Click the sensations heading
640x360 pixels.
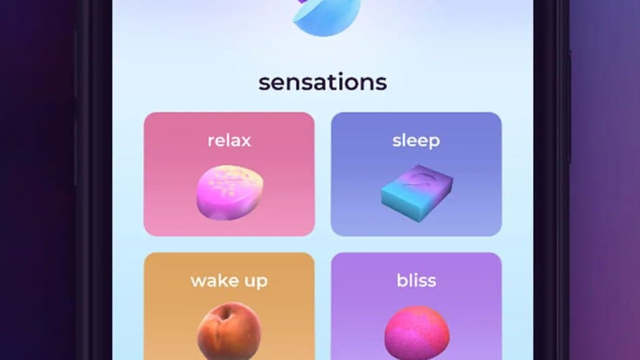322,82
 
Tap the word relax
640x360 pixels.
229,141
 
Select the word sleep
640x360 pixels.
416,141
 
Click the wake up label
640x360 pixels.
229,281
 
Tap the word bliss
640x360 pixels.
416,280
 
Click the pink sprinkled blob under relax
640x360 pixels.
228,193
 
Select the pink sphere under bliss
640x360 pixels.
417,333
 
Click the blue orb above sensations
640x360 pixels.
327,15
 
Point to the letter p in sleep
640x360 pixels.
434,142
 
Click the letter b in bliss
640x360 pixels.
401,280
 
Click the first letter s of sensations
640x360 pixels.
264,83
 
